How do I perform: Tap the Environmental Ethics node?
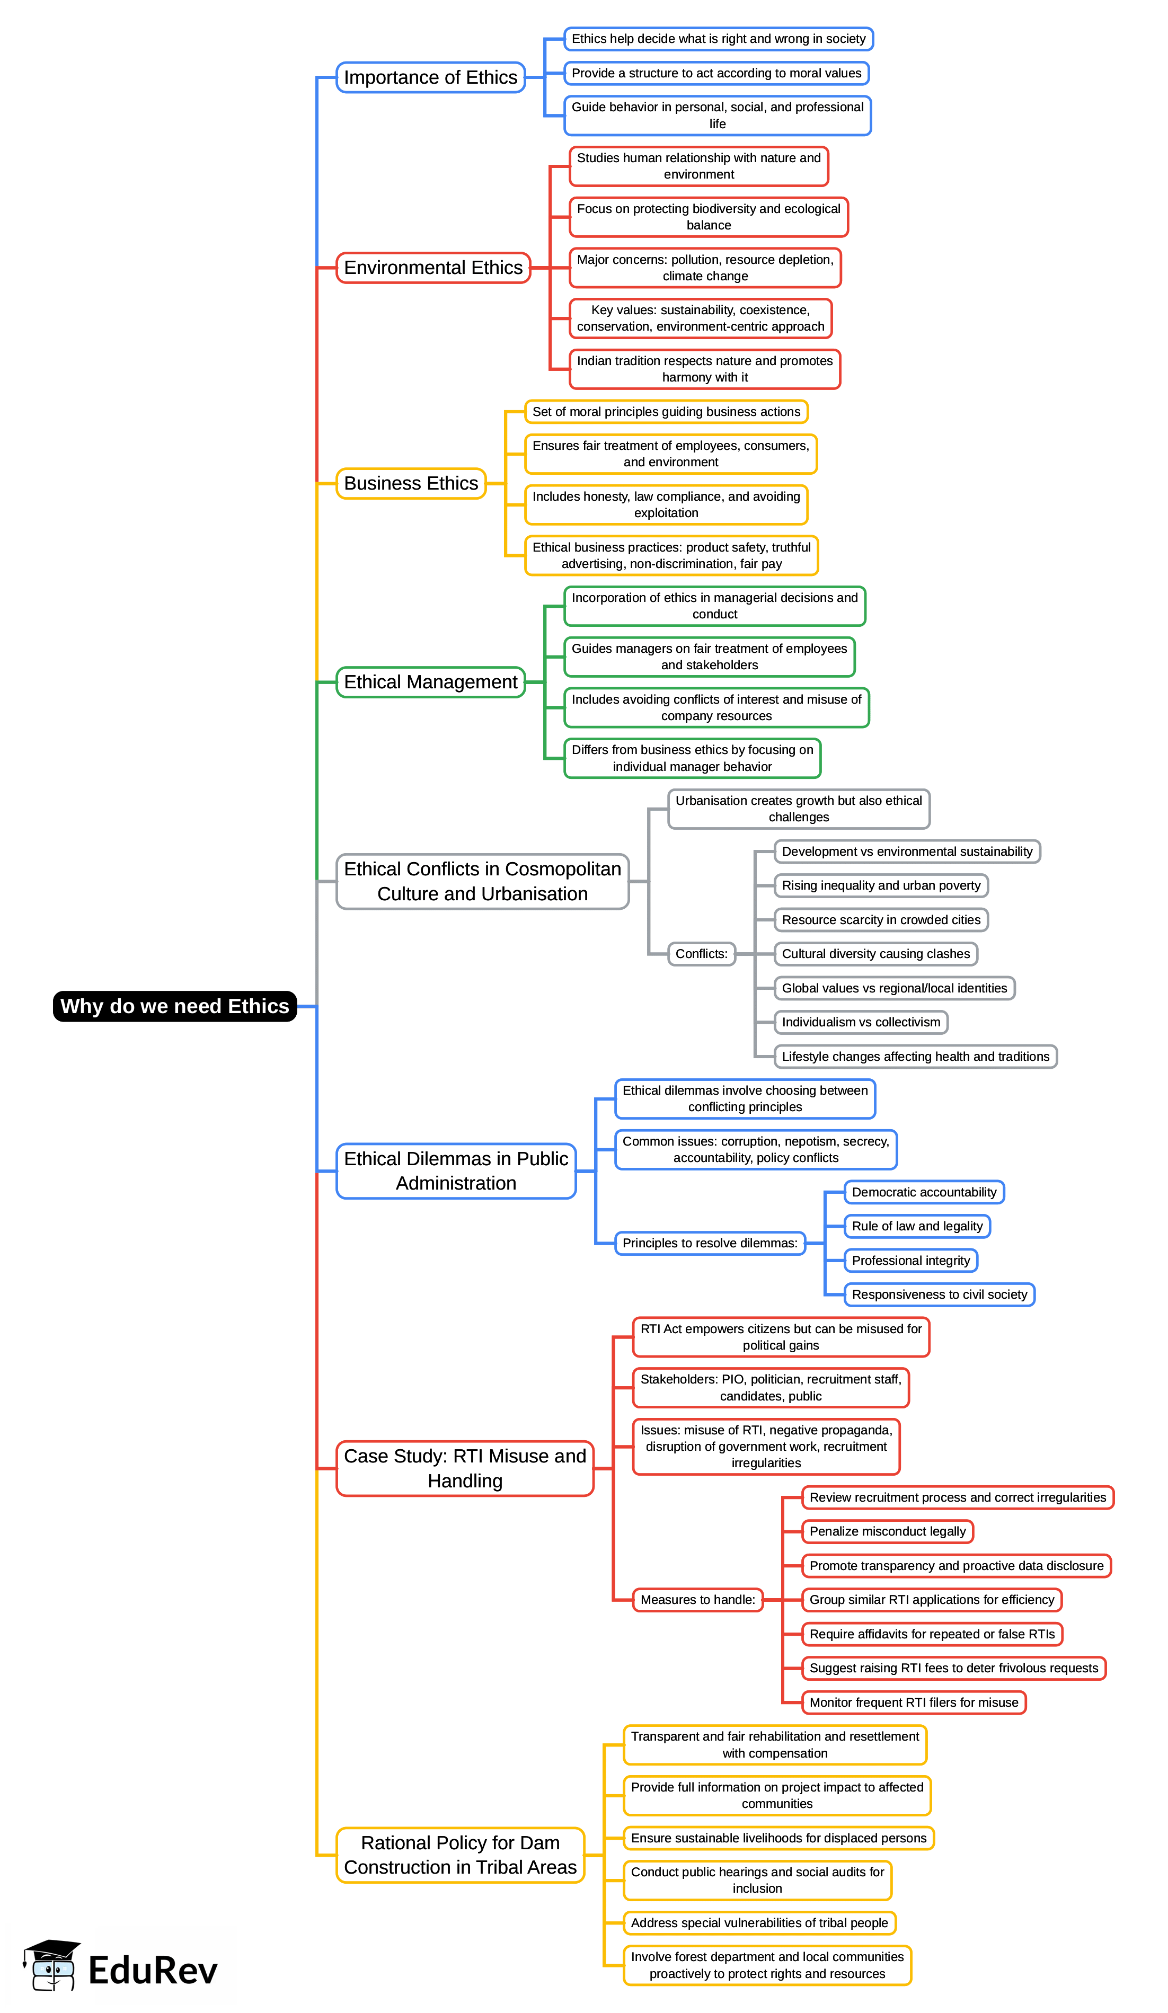433,268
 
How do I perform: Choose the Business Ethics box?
411,483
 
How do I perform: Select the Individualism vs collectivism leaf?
861,1023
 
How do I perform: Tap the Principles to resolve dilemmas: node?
710,1243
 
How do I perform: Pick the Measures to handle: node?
697,1600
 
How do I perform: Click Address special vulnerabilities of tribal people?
759,1923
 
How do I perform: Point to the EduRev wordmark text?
153,1970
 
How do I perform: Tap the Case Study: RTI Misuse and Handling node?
464,1468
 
